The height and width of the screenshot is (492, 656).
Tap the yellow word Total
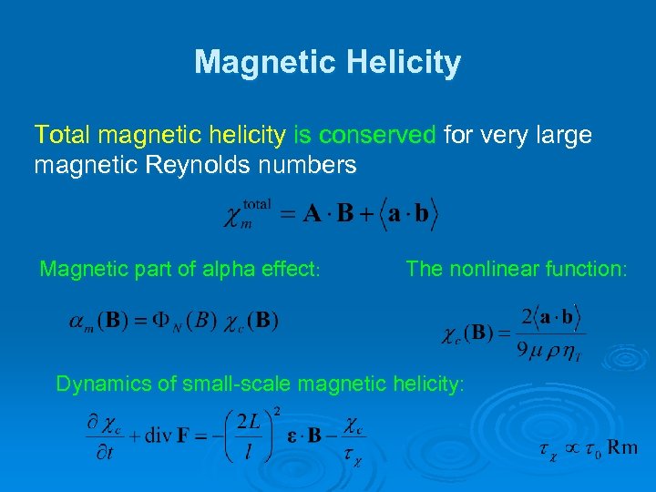click(x=63, y=136)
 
